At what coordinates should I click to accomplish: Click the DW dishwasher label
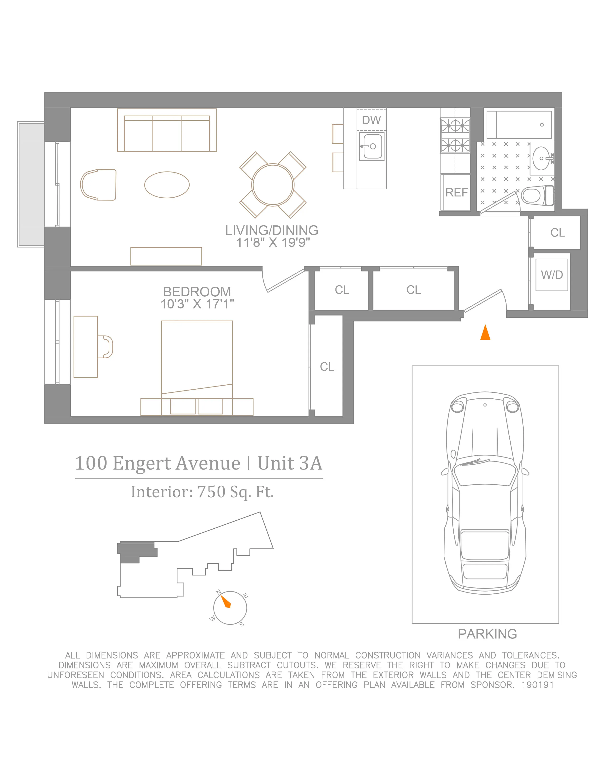point(371,120)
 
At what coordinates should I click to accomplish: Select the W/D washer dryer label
point(552,275)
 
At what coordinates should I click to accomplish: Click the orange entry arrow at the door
point(485,332)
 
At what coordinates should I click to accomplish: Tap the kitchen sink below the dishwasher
point(372,146)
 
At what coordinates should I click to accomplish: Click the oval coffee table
point(167,185)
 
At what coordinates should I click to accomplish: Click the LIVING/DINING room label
point(271,230)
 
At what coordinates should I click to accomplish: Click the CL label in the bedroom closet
point(327,367)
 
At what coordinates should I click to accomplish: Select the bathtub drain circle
point(542,125)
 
